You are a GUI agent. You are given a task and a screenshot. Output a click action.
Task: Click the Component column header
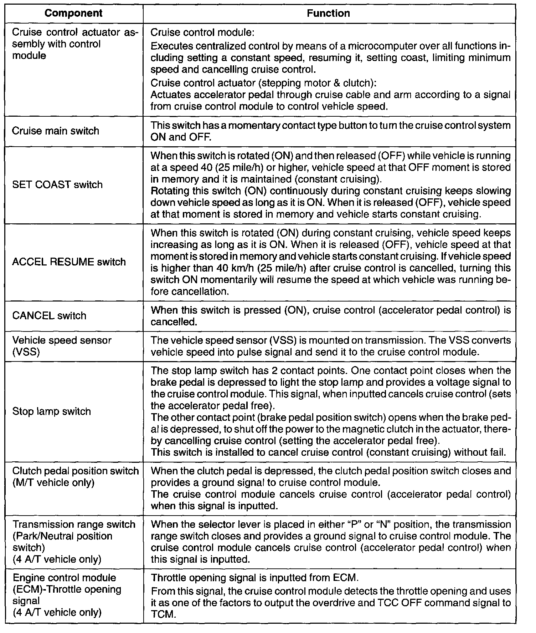73,14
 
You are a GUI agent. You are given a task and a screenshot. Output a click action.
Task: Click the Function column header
328,14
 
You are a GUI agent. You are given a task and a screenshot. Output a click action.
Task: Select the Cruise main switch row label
56,131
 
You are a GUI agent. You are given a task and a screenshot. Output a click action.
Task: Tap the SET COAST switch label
57,185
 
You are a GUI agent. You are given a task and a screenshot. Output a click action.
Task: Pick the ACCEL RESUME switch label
69,262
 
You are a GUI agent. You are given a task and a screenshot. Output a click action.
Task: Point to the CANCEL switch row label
49,316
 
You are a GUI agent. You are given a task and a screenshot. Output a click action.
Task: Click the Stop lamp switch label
52,411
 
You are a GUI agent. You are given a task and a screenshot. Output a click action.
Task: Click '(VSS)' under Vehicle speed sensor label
26,352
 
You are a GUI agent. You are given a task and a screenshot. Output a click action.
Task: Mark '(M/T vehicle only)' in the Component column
53,483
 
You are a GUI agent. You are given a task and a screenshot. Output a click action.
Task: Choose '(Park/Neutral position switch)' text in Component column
62,542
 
